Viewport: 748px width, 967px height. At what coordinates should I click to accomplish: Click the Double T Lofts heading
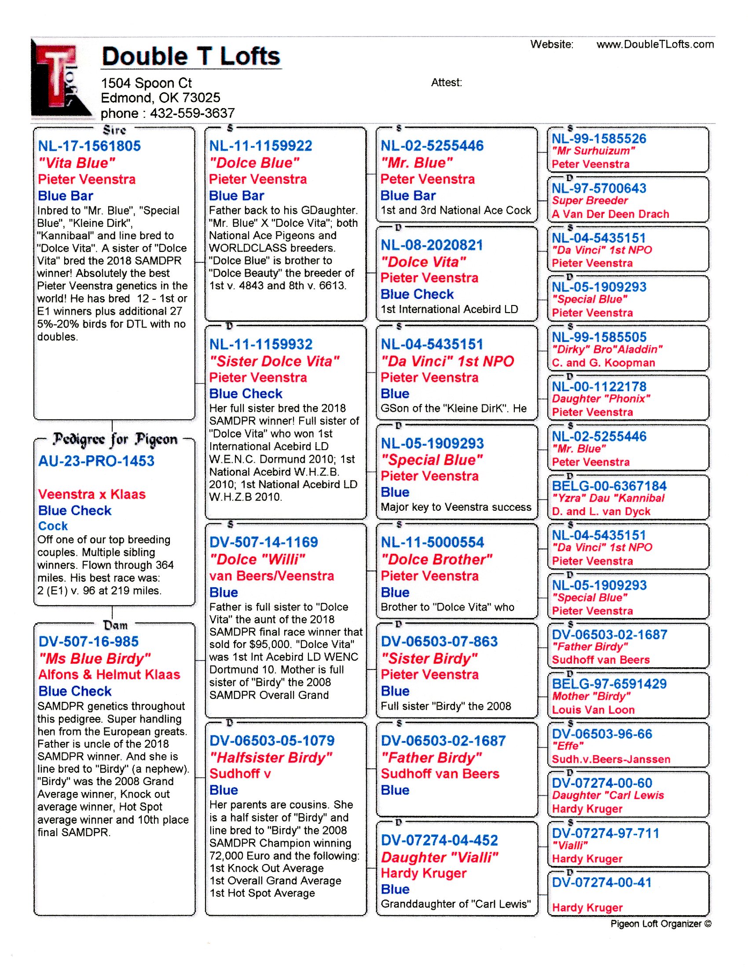(x=191, y=57)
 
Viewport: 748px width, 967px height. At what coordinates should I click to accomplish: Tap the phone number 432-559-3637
(x=192, y=113)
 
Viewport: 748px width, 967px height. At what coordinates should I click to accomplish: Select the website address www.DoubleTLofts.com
(x=655, y=44)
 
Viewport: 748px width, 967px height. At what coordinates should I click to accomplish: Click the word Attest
(x=446, y=83)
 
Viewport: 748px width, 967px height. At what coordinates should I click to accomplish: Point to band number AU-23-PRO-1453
(x=96, y=461)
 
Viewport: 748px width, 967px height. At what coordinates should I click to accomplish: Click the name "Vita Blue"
(x=77, y=163)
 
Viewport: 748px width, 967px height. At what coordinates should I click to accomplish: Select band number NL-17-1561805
(x=89, y=146)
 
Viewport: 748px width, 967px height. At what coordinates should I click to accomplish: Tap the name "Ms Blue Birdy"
(x=95, y=658)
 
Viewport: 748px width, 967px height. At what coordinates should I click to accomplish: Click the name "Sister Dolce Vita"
(x=274, y=361)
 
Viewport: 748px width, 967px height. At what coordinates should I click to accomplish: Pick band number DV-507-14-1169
(x=264, y=542)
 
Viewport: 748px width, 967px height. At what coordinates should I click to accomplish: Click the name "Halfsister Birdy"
(x=271, y=758)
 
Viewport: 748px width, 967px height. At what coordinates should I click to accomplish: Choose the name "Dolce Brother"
(x=436, y=560)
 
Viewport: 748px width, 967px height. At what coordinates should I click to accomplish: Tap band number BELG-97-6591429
(x=609, y=683)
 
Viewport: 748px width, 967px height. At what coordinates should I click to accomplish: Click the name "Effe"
(x=568, y=746)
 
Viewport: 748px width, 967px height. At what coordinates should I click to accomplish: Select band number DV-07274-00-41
(x=602, y=883)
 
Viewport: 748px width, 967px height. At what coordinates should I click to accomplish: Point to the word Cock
(x=53, y=526)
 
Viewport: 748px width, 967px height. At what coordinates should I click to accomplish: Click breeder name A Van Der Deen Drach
(x=610, y=214)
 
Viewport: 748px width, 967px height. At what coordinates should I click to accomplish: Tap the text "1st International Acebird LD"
(x=449, y=309)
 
